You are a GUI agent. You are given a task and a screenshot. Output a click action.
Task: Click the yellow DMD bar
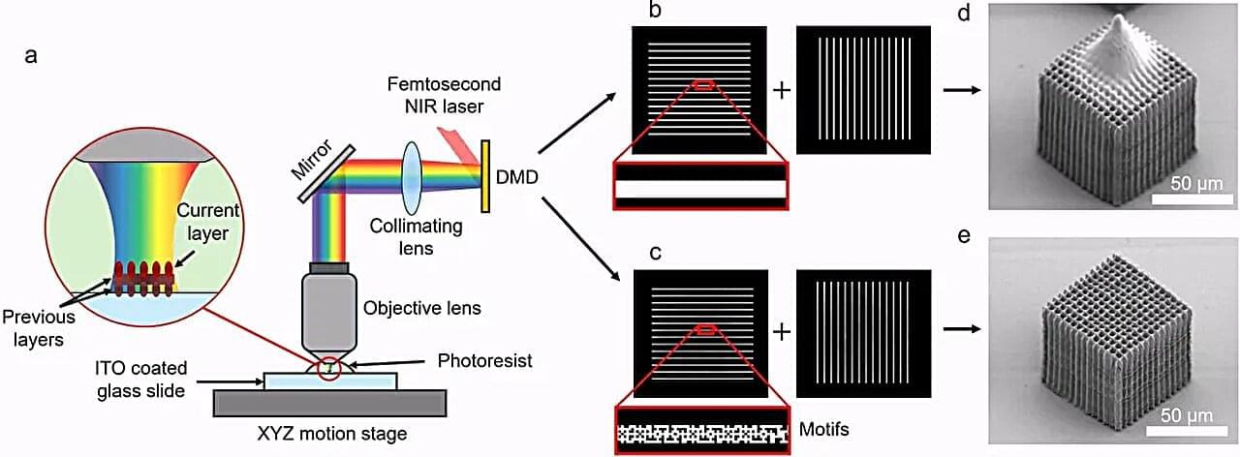click(485, 176)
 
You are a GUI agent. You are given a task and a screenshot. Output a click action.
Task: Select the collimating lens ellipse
click(412, 177)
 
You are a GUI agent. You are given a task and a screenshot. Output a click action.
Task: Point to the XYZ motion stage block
click(330, 403)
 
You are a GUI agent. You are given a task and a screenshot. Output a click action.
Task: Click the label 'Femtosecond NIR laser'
click(444, 95)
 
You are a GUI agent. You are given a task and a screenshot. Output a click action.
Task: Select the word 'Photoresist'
click(485, 361)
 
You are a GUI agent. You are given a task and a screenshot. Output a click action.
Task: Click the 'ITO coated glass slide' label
click(141, 380)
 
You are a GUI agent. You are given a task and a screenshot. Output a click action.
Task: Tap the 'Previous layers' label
click(39, 327)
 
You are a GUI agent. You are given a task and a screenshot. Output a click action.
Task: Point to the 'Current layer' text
click(207, 222)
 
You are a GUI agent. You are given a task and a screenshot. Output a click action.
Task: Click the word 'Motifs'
click(823, 429)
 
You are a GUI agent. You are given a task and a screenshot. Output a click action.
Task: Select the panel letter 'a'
click(31, 55)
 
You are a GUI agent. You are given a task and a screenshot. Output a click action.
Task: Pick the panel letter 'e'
click(964, 236)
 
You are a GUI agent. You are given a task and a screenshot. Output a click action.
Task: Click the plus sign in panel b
click(782, 90)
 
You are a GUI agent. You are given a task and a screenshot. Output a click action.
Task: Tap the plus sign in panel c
click(782, 332)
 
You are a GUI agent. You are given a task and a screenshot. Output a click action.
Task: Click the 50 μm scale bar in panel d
click(1193, 198)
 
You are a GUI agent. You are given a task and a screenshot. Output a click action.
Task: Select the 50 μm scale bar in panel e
click(1185, 430)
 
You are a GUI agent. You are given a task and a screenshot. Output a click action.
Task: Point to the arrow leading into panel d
click(962, 90)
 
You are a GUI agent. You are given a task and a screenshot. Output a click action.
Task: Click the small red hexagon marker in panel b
click(703, 84)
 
